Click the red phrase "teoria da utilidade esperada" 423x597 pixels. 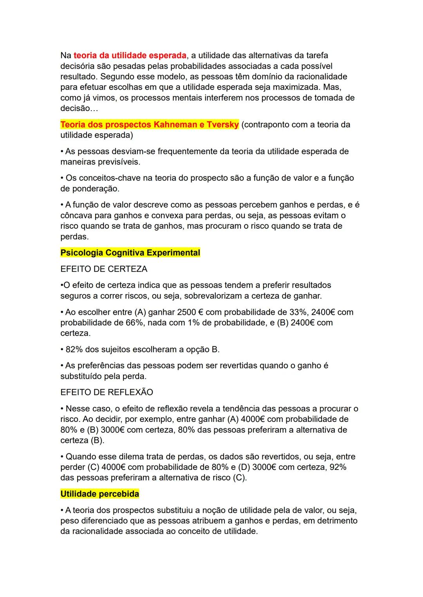(x=130, y=55)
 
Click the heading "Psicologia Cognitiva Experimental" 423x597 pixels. (x=130, y=253)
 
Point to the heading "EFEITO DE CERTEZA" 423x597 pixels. (x=104, y=269)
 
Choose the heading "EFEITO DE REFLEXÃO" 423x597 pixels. (x=107, y=392)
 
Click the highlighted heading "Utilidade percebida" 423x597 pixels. (x=99, y=494)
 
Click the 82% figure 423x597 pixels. (x=74, y=349)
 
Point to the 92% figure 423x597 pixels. (x=338, y=467)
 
